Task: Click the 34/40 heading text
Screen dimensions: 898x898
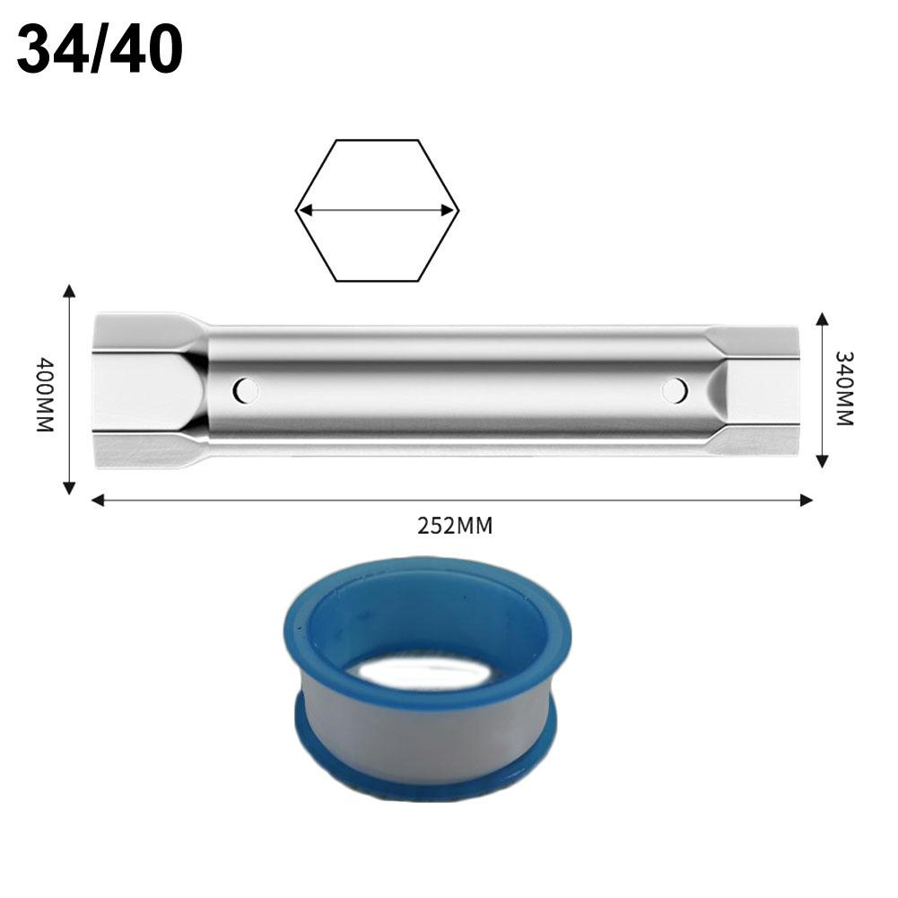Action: (100, 50)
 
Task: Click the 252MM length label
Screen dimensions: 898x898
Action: (455, 526)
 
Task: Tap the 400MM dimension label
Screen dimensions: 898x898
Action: (45, 395)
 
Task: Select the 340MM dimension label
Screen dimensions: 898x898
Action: (843, 388)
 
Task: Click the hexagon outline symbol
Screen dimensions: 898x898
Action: (377, 144)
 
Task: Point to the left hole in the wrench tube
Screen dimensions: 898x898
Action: (245, 390)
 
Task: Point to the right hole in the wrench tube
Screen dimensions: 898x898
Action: (675, 390)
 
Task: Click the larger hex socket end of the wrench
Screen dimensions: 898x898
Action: (144, 390)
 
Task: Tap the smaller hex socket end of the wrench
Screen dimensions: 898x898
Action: (758, 390)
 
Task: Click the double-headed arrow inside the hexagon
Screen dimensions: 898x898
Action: (377, 211)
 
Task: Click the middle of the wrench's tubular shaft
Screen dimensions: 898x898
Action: (458, 390)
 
